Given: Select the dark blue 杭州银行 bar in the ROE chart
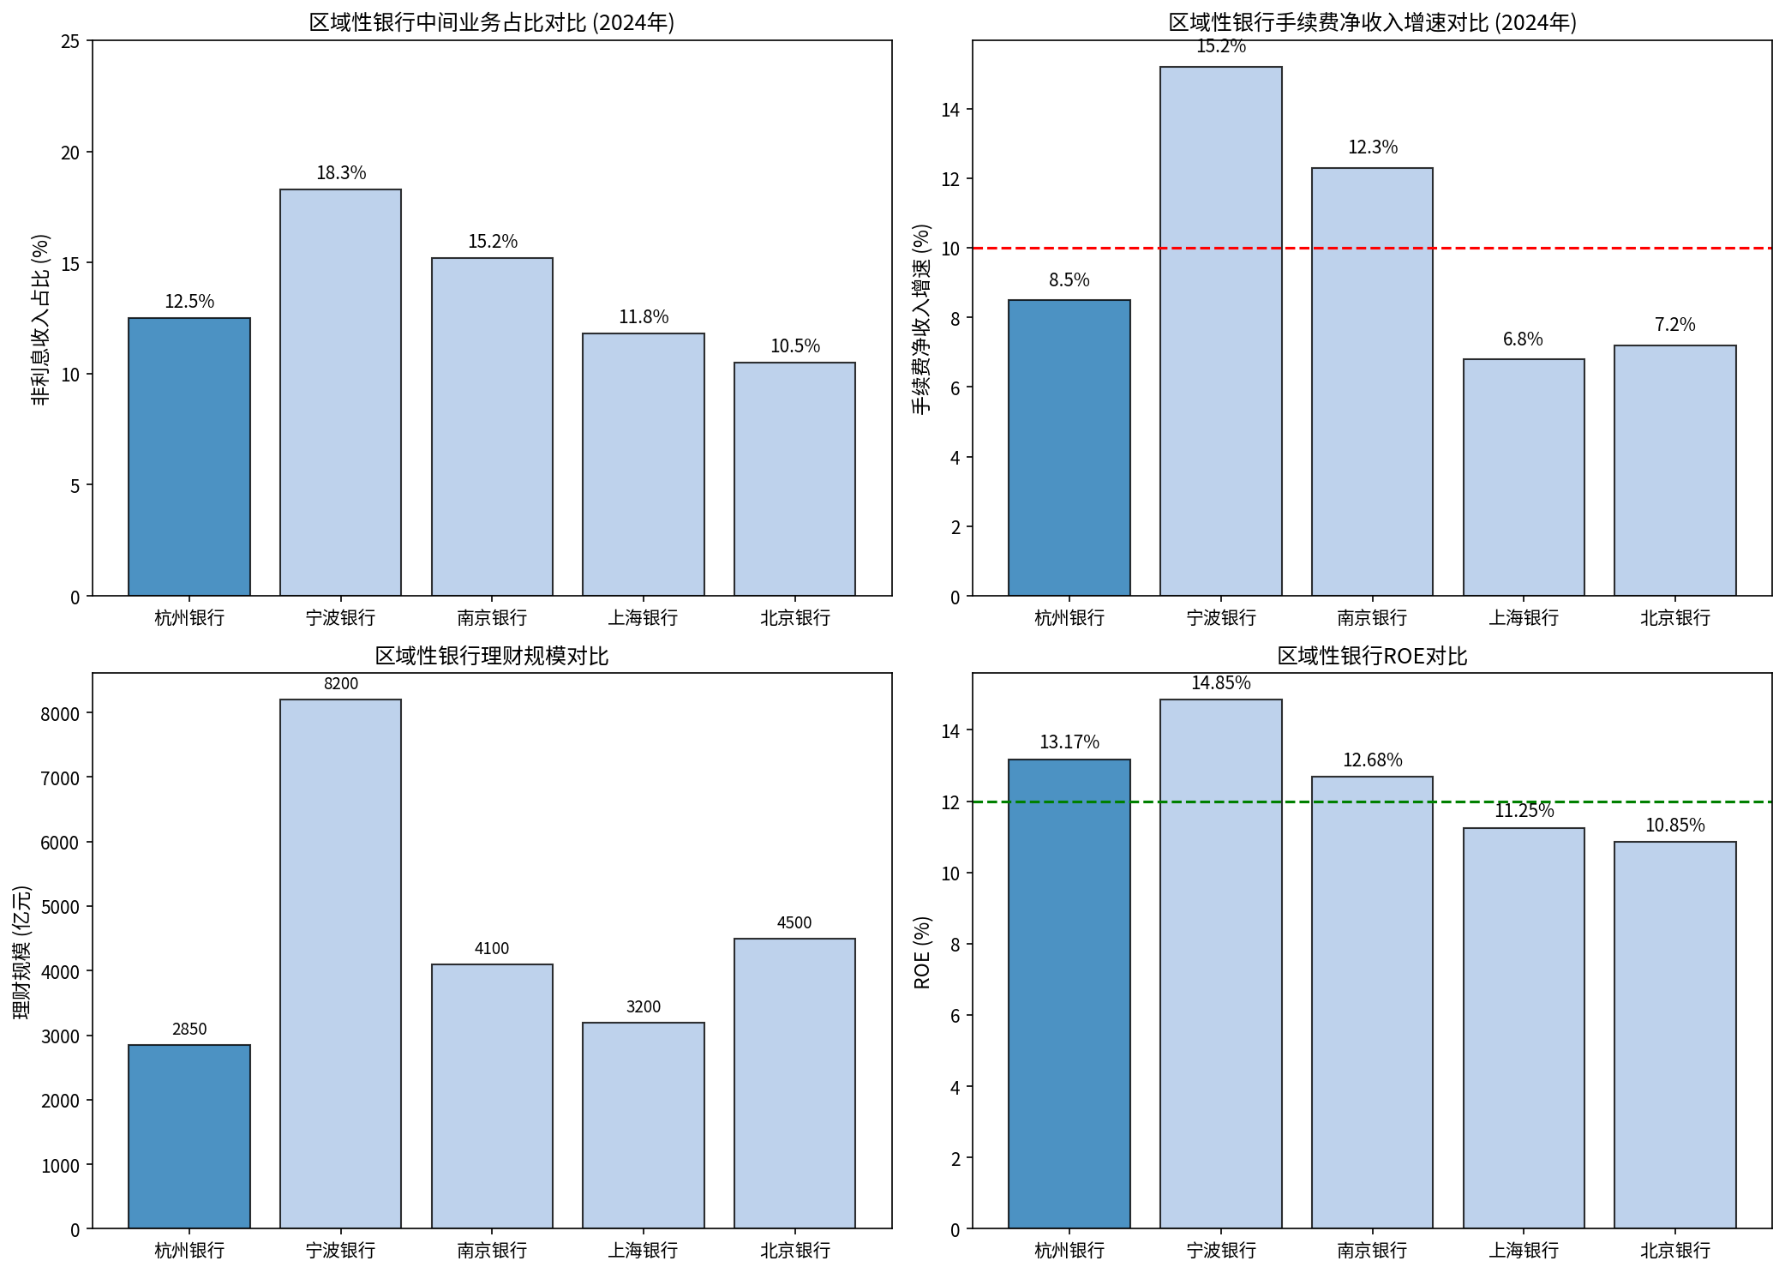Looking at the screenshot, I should [x=1069, y=994].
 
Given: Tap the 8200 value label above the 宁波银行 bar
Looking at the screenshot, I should [x=340, y=684].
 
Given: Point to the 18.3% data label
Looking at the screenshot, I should [x=341, y=173].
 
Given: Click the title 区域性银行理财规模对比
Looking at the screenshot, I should [x=492, y=657].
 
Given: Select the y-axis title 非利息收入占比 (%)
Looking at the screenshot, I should [x=40, y=319].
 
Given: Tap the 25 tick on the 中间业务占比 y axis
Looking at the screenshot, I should [x=70, y=41].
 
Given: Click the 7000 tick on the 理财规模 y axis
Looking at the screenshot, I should [x=60, y=778].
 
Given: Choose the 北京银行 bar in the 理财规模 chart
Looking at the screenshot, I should [x=794, y=1084].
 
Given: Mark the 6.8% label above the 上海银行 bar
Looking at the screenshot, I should [x=1523, y=339].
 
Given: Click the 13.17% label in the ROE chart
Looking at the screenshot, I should [x=1069, y=742].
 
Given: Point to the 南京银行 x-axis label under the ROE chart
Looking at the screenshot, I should [x=1371, y=1251].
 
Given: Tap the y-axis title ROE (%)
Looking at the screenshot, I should [x=922, y=952].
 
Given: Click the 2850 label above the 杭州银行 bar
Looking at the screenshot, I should [x=189, y=1030].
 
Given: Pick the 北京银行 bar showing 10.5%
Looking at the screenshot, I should [x=794, y=479].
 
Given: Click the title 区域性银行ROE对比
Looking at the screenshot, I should [x=1371, y=657].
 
